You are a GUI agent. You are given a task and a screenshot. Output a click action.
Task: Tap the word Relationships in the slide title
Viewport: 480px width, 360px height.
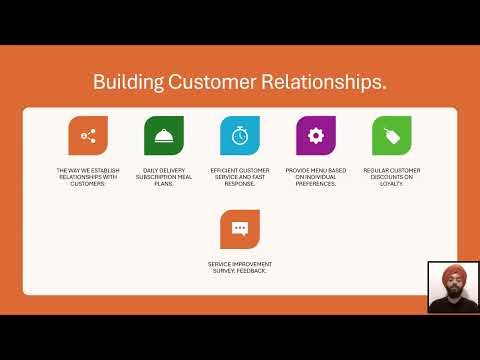322,81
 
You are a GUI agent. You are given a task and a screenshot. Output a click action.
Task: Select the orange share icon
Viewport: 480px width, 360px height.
88,135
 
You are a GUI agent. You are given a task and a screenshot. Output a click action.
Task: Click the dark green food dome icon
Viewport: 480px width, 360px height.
163,135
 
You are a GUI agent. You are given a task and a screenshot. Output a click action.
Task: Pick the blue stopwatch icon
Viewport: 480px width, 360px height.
240,135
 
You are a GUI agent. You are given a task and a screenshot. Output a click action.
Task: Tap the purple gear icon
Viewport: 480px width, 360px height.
316,135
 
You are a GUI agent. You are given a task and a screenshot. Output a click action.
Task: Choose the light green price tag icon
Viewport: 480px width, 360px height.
391,135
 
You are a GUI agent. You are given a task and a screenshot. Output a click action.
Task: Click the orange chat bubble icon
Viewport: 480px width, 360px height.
240,229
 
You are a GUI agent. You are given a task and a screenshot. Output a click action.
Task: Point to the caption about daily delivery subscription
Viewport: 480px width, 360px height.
163,177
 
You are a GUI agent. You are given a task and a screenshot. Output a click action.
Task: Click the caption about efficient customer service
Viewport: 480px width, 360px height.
240,177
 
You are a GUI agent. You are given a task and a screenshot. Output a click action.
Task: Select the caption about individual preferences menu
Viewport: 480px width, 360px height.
316,177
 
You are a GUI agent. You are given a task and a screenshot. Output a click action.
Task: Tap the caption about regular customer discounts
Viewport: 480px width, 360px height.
391,177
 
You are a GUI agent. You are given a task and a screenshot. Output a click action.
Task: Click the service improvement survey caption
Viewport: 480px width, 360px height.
240,268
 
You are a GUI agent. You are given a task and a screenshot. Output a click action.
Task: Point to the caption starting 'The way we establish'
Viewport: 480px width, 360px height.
88,177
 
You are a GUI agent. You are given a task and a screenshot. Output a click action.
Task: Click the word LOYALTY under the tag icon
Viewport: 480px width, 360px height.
391,184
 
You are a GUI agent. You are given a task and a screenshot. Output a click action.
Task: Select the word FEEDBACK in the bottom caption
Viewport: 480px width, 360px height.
254,272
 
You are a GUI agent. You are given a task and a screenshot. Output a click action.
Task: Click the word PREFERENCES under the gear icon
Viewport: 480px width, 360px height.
316,184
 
